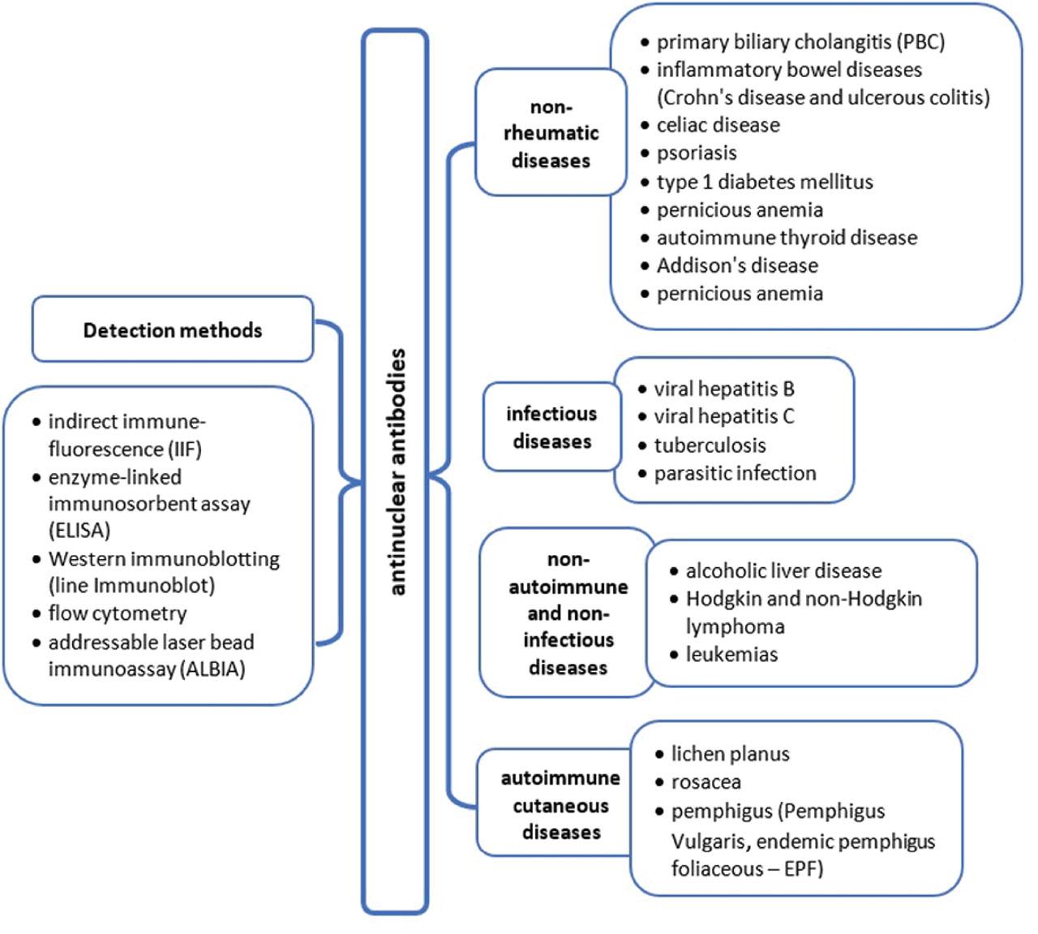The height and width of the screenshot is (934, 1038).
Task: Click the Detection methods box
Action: point(172,330)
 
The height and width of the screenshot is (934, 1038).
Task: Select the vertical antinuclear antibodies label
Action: point(396,472)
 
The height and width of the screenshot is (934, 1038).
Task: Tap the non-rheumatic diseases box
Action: point(551,133)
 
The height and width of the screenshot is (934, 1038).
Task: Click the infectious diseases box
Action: point(551,428)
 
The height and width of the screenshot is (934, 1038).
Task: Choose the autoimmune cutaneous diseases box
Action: point(560,805)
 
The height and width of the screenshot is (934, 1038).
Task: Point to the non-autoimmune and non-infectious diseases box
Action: point(568,613)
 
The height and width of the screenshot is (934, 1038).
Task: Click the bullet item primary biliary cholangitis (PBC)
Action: point(800,42)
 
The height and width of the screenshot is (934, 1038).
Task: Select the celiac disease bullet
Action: point(718,125)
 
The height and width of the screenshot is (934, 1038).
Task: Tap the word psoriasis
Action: point(697,153)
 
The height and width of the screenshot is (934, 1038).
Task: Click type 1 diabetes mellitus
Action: point(764,182)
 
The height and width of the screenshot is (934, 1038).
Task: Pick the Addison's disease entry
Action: point(736,265)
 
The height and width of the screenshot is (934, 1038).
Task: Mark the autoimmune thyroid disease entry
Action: point(786,238)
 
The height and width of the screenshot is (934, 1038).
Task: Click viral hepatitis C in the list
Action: point(723,416)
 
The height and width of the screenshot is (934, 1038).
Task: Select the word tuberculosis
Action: point(710,445)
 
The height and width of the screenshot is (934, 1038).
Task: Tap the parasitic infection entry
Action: point(735,473)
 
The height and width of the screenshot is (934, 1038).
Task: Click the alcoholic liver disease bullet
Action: point(783,570)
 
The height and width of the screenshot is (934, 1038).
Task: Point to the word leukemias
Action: point(731,654)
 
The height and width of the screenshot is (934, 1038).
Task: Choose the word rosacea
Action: point(706,782)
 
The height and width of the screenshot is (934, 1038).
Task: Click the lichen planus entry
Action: point(730,754)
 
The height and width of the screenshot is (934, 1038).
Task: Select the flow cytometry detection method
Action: point(117,613)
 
